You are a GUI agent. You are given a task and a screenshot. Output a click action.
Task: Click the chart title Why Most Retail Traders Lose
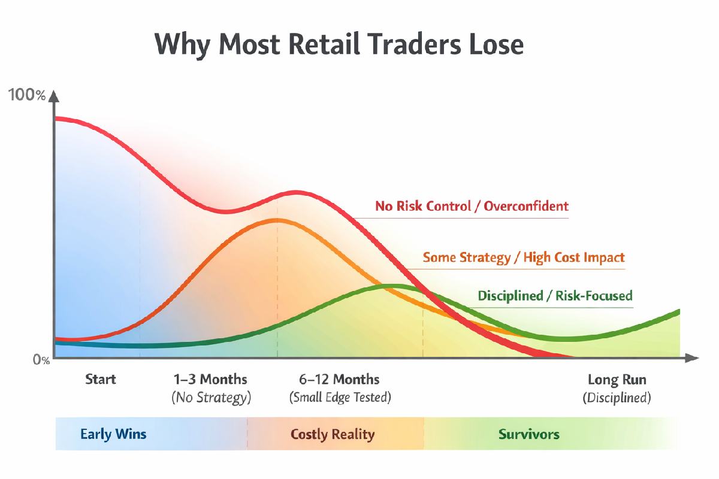tap(339, 45)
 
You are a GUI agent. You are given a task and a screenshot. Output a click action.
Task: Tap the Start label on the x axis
tap(101, 379)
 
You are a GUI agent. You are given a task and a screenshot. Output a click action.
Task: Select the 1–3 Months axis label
tap(210, 379)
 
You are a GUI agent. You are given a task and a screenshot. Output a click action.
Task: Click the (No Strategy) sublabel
tap(210, 398)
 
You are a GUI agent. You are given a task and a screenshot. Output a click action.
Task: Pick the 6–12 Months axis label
tap(339, 379)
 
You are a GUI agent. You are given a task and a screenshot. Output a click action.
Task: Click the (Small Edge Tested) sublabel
tap(339, 398)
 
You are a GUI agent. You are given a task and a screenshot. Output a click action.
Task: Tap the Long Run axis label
tap(617, 379)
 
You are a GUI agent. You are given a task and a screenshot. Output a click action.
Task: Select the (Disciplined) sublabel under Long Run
tap(617, 398)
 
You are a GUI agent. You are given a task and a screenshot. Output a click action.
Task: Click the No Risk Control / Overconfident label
tap(472, 207)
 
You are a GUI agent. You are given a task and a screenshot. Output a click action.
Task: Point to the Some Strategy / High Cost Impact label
tap(524, 257)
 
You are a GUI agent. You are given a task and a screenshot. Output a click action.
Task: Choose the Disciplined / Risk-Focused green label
tap(555, 296)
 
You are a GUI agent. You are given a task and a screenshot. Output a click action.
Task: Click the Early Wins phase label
tap(113, 434)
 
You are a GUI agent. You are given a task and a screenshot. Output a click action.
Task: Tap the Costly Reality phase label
tap(333, 434)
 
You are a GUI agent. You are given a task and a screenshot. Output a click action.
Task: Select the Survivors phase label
tap(529, 434)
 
